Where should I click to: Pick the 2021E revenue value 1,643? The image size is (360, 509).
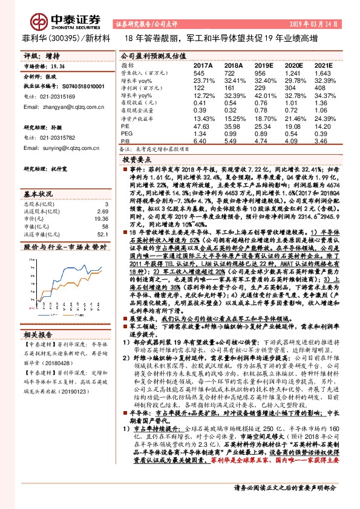pos(323,72)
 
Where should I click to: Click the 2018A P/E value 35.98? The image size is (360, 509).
pos(232,126)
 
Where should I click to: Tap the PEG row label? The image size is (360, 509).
pos(126,133)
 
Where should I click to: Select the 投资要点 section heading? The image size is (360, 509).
pos(137,160)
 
